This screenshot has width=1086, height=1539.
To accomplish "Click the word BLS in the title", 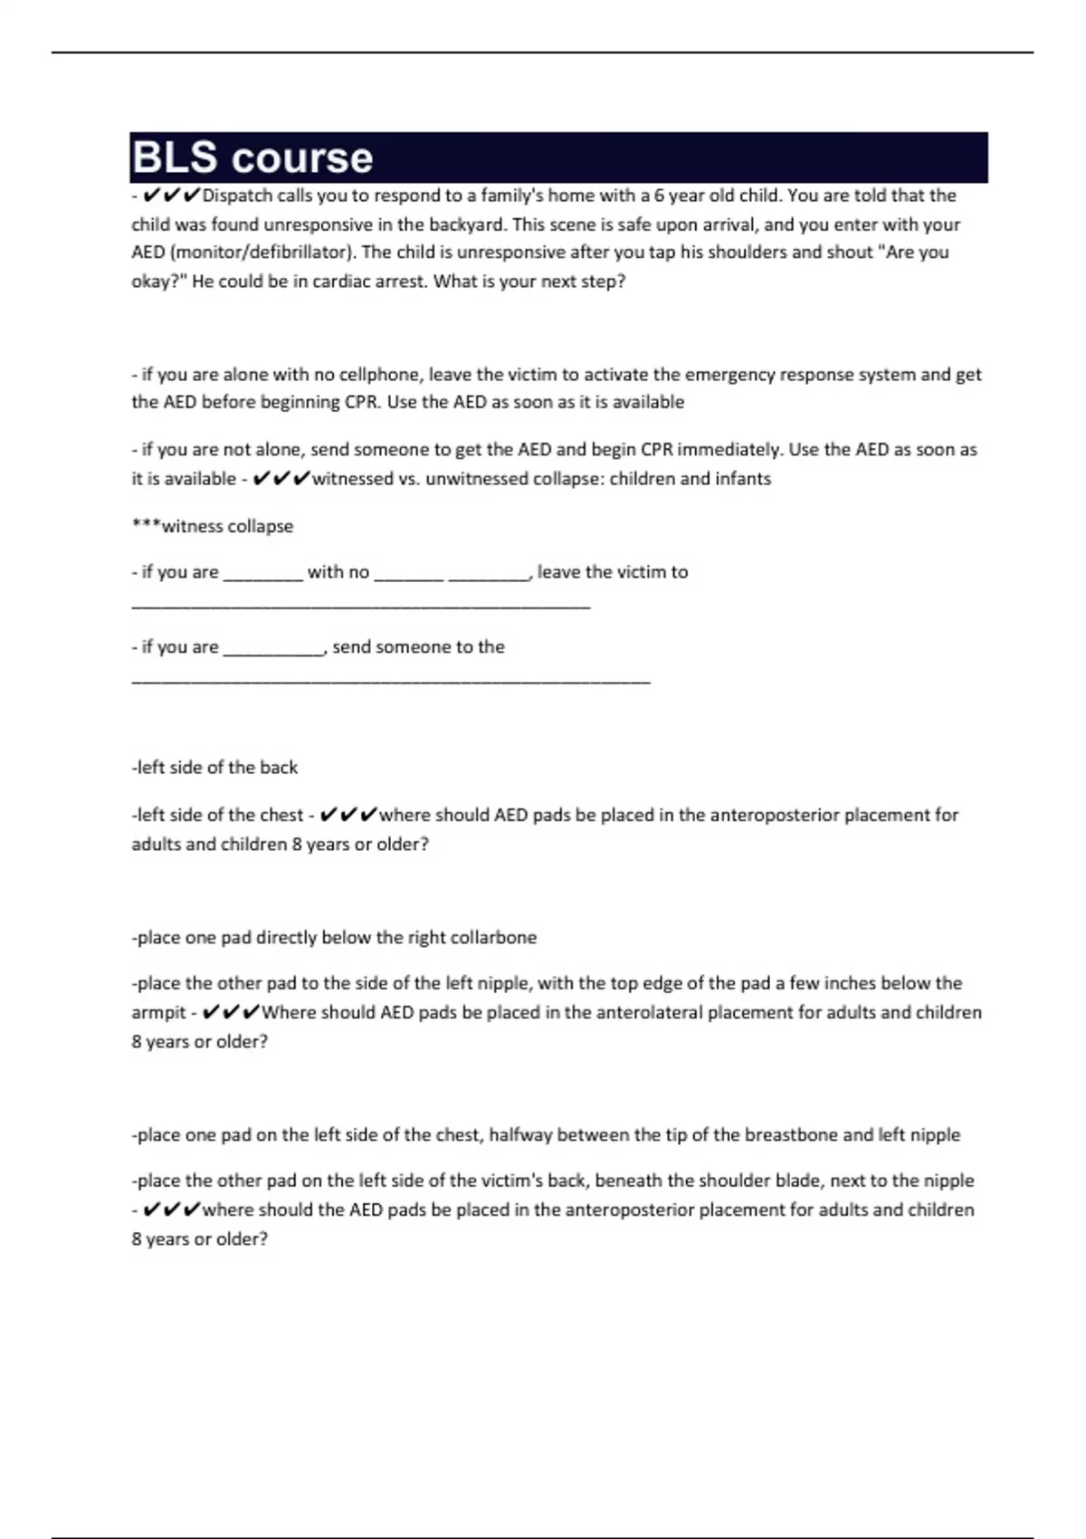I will [175, 158].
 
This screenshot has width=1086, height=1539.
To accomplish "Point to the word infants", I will [741, 479].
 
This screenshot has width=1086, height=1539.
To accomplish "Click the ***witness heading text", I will [213, 527].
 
